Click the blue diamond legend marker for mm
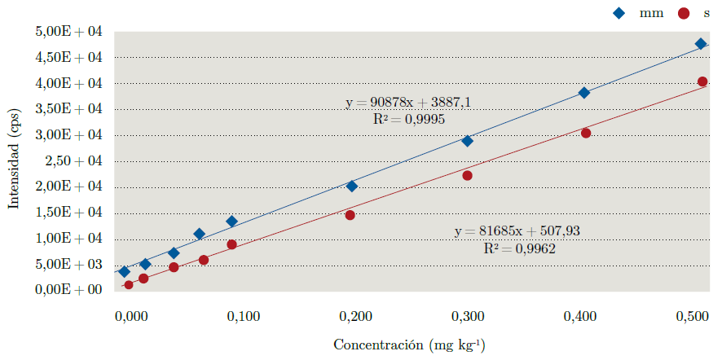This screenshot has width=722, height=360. [x=641, y=13]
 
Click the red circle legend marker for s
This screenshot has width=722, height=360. [x=684, y=13]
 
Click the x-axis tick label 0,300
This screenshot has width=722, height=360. [x=468, y=315]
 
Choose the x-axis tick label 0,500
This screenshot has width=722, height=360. [x=693, y=315]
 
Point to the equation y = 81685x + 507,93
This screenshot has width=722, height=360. [x=517, y=231]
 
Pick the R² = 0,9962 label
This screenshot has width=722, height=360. [x=519, y=248]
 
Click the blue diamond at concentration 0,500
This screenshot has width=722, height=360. [x=701, y=44]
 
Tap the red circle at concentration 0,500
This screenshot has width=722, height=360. [x=702, y=81]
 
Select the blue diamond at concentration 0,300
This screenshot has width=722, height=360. [x=468, y=141]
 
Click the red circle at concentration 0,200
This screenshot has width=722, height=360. [x=350, y=215]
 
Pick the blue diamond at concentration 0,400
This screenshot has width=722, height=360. [x=584, y=93]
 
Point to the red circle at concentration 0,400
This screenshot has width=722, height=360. [x=586, y=133]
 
